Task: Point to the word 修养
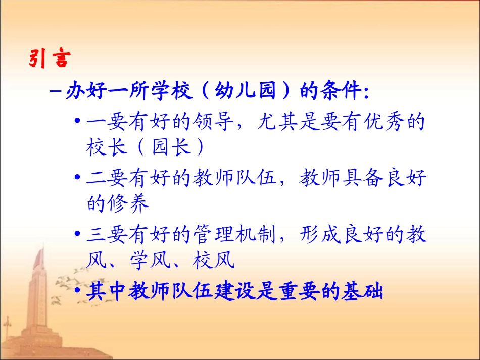point(129,203)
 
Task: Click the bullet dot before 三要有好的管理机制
point(77,236)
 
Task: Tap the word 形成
point(320,236)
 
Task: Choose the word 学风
point(160,260)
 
